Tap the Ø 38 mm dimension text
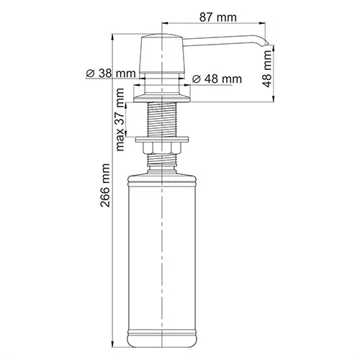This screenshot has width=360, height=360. coord(110,73)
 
